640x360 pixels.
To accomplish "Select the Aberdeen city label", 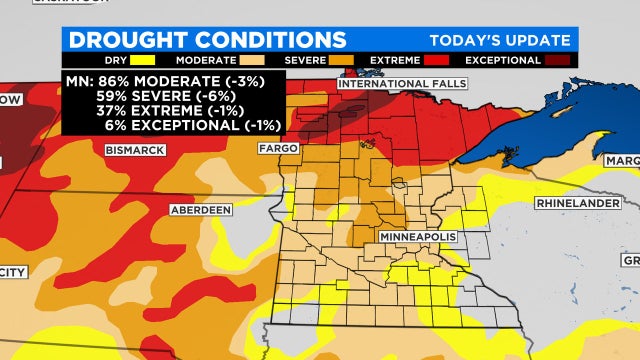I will coord(201,210).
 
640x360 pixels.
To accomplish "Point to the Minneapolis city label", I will coord(417,236).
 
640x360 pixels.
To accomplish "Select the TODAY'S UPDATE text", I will coord(500,41).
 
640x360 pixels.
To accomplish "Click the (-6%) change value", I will coord(207,97).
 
